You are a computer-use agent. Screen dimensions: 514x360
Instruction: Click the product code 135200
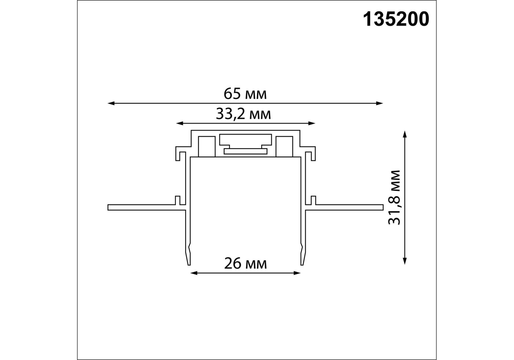[x=396, y=19]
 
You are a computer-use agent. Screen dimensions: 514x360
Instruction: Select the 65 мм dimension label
[x=245, y=94]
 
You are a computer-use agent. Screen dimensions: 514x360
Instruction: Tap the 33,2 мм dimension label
[x=243, y=114]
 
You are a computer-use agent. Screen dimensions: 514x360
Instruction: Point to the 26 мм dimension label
[x=245, y=264]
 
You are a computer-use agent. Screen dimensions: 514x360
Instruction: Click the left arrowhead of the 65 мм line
[x=111, y=103]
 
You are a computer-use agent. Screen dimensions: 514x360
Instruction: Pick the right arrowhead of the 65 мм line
[x=379, y=103]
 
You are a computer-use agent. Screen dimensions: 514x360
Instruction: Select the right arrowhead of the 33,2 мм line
[x=312, y=123]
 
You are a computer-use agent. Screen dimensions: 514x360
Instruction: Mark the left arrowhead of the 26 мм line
[x=194, y=273]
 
